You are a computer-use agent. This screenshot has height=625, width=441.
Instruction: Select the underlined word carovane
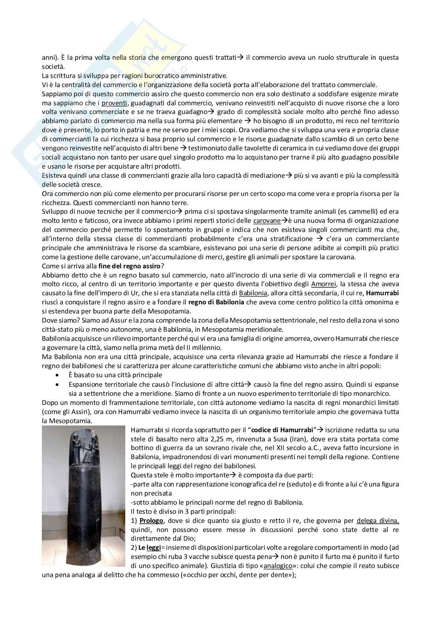coord(267,220)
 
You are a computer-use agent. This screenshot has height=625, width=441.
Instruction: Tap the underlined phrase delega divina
coord(377,521)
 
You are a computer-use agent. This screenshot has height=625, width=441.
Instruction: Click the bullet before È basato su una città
coord(58,375)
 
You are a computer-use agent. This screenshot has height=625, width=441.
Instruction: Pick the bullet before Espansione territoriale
coord(58,384)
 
